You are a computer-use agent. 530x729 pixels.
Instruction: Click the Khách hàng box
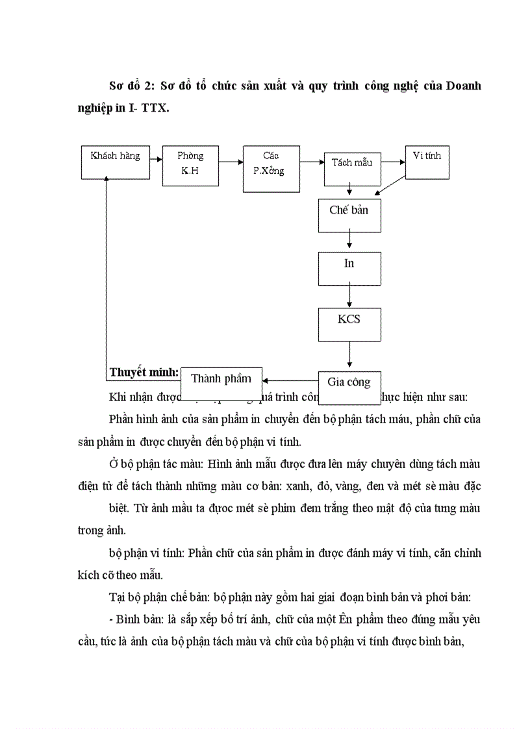coord(115,163)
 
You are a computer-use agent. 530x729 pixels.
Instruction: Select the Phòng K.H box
coord(190,166)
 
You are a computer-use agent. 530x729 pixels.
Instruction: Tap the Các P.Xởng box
coord(271,169)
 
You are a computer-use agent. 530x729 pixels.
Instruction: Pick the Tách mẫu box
coord(352,169)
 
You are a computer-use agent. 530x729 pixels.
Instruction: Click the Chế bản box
coord(349,216)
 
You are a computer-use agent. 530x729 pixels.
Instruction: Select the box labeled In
coord(349,268)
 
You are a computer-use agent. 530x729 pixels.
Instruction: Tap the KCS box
coord(349,323)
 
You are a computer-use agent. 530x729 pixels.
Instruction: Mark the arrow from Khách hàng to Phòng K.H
coord(155,157)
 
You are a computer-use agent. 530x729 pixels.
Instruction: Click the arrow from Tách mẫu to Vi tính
coord(393,163)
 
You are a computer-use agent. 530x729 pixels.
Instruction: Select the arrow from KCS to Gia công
coord(349,355)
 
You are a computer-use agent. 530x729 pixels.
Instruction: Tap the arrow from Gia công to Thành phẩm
coord(290,381)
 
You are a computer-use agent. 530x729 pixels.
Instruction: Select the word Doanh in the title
coord(462,86)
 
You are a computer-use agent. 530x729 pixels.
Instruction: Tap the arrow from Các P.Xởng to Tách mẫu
coord(312,158)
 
